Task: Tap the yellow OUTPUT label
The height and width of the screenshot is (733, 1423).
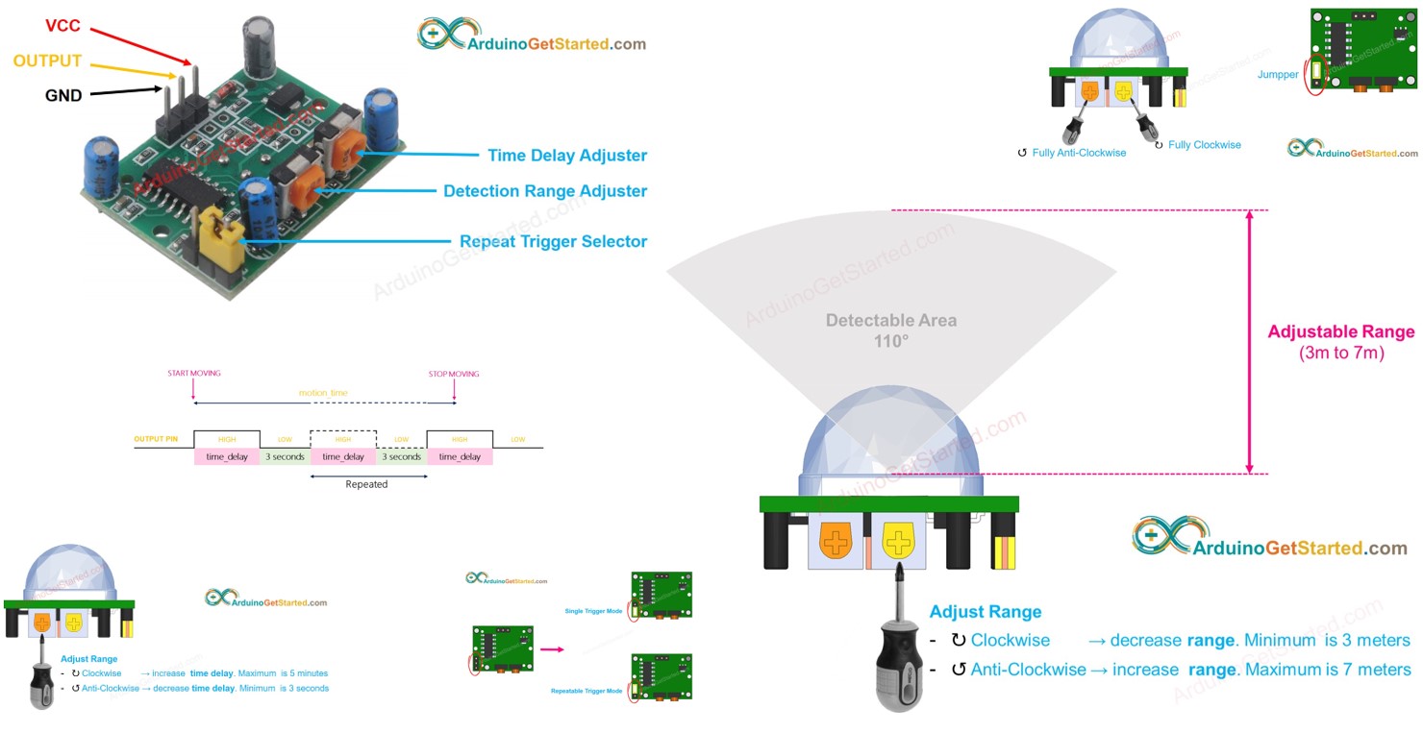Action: [47, 61]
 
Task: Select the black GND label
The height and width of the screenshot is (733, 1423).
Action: [63, 95]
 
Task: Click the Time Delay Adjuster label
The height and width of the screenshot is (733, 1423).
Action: [567, 156]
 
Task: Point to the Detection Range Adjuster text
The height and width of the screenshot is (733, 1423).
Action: [545, 191]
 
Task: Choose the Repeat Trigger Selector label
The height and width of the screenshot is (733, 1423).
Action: [553, 241]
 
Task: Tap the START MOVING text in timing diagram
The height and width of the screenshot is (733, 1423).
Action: [193, 374]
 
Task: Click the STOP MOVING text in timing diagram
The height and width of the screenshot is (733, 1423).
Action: [453, 374]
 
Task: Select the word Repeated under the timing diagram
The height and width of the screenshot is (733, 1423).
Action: [366, 484]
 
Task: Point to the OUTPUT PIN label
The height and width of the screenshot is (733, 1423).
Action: [156, 439]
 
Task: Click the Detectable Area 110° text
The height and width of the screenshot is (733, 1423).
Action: [890, 330]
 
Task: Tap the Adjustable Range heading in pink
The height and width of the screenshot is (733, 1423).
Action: [1341, 332]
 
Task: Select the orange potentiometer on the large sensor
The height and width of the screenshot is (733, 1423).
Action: [836, 542]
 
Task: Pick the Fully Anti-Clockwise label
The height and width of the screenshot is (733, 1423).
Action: [1078, 153]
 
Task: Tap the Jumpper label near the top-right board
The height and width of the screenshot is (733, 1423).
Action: [1278, 74]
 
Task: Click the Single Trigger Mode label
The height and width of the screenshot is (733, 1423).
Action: [593, 610]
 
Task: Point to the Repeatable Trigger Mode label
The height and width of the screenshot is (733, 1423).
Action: [586, 691]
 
